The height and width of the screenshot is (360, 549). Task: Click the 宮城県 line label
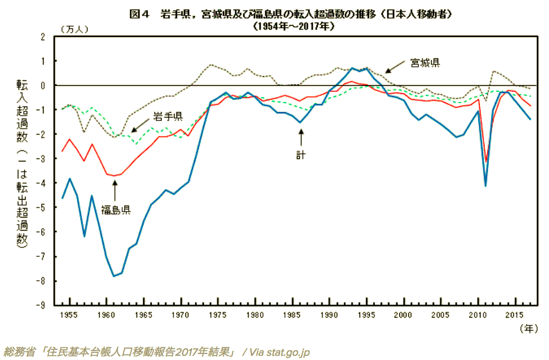pos(424,62)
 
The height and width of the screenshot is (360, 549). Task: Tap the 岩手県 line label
pos(168,115)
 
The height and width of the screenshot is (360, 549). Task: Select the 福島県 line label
pos(115,209)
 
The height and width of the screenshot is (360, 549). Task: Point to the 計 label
pos(300,154)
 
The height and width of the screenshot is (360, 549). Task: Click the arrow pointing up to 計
pos(300,136)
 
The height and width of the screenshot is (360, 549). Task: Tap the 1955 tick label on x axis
pos(70,314)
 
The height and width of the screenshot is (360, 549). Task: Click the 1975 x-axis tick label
pos(219,314)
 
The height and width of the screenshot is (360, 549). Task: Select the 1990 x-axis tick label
pos(330,314)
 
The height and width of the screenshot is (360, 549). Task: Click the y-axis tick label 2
pos(43,37)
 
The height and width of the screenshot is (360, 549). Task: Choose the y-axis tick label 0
pos(43,86)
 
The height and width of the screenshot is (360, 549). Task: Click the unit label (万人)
pos(71,27)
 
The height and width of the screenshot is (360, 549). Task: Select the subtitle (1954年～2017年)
pos(293,26)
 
